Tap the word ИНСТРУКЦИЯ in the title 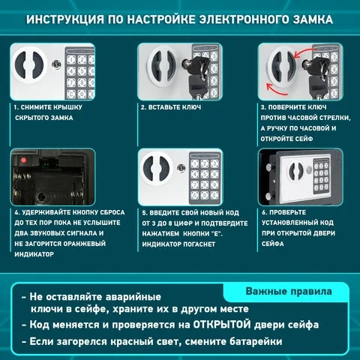[x=64, y=19]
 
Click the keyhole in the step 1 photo [x=56, y=64]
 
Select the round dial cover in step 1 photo [x=28, y=65]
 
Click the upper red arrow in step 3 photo [x=303, y=53]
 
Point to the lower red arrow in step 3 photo [x=276, y=89]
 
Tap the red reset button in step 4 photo [x=24, y=160]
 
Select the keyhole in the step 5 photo [x=181, y=168]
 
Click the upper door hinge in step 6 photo [x=270, y=167]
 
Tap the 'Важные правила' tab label [x=289, y=292]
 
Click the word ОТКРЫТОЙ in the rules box [x=222, y=325]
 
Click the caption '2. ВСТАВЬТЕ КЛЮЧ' [x=171, y=107]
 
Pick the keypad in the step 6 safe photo [x=321, y=176]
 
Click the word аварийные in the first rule [x=133, y=297]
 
